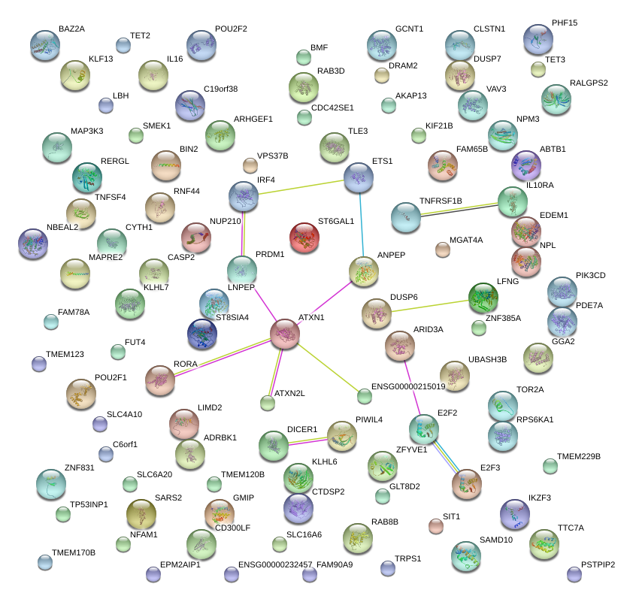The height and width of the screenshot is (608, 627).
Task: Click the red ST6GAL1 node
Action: pos(305,237)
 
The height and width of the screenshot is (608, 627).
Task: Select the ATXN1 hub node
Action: pos(286,333)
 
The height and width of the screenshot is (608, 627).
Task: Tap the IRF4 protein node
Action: pos(243,196)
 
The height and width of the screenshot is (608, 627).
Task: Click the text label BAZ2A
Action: pos(71,29)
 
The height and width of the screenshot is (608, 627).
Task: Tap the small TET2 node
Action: pos(123,45)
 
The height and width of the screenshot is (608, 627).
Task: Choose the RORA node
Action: pos(159,380)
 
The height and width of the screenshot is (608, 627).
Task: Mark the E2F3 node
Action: pos(466,485)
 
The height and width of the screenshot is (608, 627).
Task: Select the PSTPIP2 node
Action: pos(574,574)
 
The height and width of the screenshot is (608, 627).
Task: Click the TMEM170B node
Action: pos(45,561)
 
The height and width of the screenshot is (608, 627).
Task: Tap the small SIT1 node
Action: pos(436,525)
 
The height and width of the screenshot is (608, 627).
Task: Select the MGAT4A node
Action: pos(442,249)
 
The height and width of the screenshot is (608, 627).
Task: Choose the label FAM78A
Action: pos(74,312)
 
